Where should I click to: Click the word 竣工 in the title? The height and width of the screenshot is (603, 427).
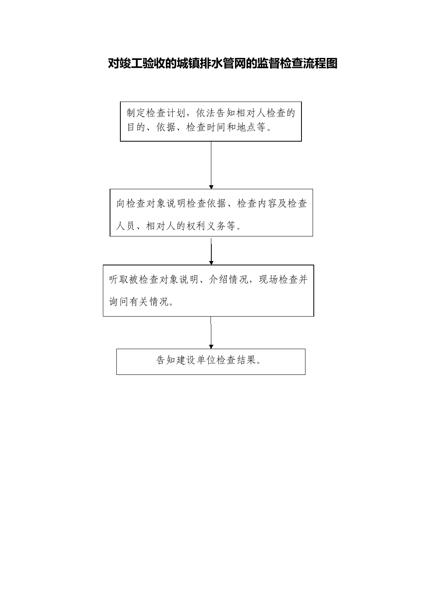(131, 63)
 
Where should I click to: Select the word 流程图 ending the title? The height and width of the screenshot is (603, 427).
(320, 63)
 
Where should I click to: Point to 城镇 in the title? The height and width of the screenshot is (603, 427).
(188, 63)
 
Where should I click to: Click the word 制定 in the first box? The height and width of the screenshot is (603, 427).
(136, 113)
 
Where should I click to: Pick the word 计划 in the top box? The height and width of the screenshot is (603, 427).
(176, 113)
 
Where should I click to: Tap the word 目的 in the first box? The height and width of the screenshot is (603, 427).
(136, 127)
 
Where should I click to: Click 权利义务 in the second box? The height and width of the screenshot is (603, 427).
(207, 226)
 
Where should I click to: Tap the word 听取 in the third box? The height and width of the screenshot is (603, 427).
(119, 280)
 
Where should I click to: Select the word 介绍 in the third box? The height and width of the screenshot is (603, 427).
(218, 280)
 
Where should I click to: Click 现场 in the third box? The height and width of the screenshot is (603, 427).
(269, 280)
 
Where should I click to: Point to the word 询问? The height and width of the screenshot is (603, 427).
(119, 302)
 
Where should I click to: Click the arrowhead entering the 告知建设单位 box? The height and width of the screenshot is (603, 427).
(211, 347)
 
